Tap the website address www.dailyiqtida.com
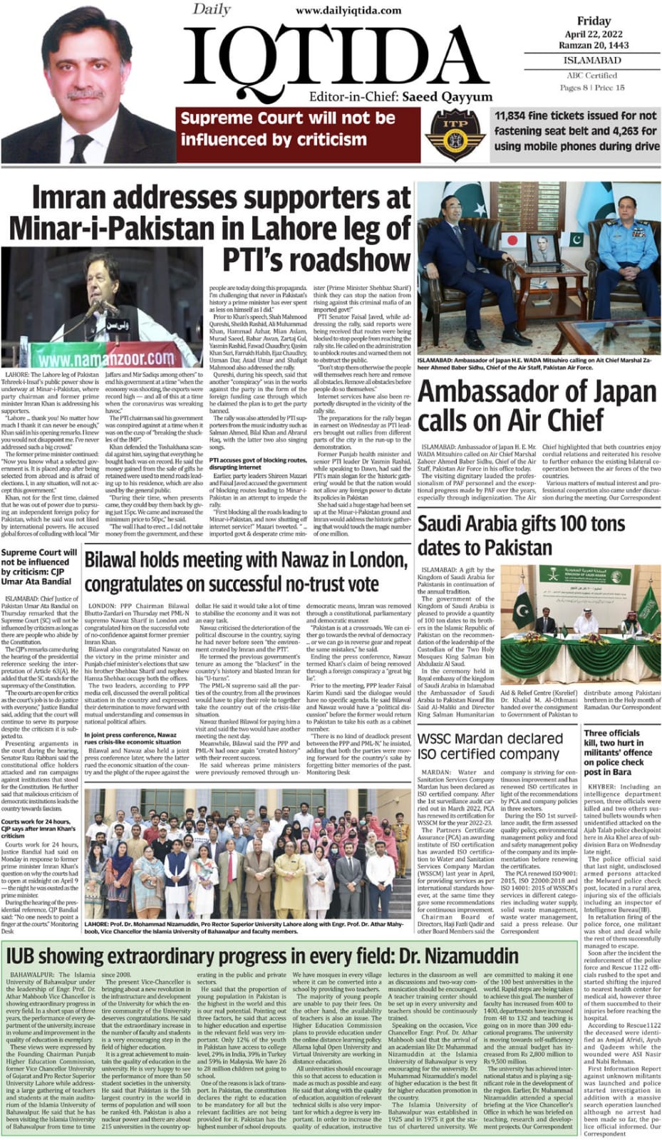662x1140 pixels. (348, 10)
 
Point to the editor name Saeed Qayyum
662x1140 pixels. (447, 97)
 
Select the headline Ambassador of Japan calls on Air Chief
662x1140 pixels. (537, 406)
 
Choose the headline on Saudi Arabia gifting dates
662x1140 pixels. (521, 535)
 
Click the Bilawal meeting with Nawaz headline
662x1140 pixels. (246, 571)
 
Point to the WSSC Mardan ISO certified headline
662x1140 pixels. (490, 746)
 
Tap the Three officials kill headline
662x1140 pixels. (618, 752)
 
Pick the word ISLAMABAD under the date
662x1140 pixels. (593, 61)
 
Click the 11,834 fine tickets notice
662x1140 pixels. (576, 130)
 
